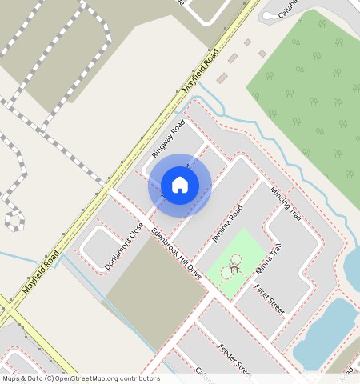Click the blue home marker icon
tap(180, 185)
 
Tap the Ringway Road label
tap(168, 138)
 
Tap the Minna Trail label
tap(269, 258)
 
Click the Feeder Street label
tap(235, 358)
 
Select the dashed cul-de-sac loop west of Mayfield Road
tap(14, 218)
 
